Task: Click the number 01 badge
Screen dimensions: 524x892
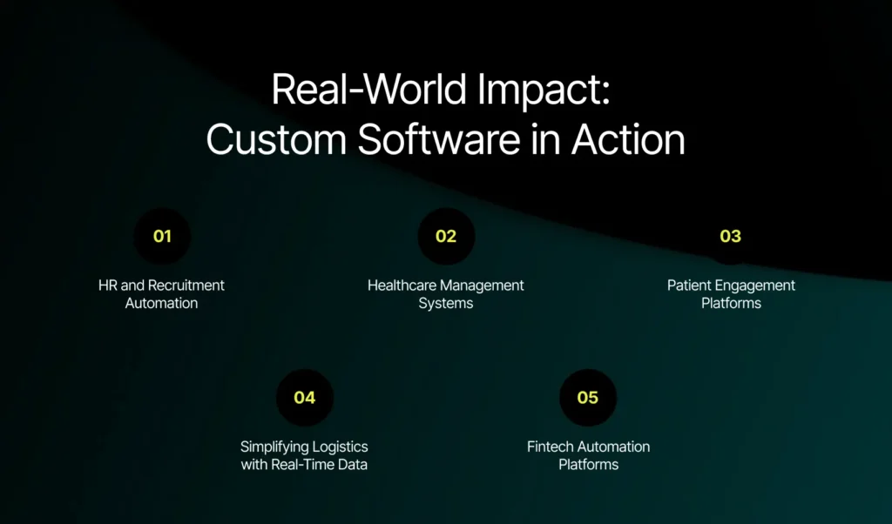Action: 162,236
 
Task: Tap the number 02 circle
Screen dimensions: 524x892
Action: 446,236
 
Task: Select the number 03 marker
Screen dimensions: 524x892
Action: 730,236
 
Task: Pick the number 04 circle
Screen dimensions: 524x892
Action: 304,398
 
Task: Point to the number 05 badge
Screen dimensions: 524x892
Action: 588,398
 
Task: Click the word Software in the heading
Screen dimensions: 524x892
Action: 429,139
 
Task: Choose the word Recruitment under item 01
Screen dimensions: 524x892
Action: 186,286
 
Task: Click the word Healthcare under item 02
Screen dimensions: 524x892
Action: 404,286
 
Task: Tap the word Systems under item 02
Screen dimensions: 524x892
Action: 446,304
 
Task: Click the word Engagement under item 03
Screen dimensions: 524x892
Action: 757,286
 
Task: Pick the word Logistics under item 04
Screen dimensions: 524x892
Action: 334,447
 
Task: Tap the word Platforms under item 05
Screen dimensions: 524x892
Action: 588,465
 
